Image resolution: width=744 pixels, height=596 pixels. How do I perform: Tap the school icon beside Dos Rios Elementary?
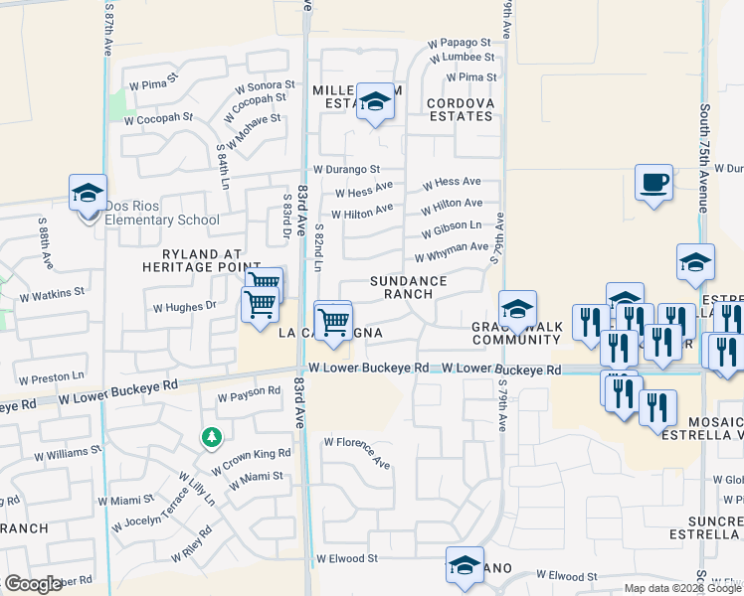click(88, 193)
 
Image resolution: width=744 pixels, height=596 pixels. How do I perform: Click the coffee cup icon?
click(653, 183)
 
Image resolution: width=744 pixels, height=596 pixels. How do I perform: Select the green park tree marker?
click(211, 436)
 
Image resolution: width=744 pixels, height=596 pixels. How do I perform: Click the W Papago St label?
click(460, 43)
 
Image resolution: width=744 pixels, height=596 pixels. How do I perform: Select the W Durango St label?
click(346, 170)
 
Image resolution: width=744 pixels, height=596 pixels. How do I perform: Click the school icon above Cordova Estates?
click(375, 101)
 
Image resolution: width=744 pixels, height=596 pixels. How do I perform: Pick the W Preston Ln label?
click(51, 377)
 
